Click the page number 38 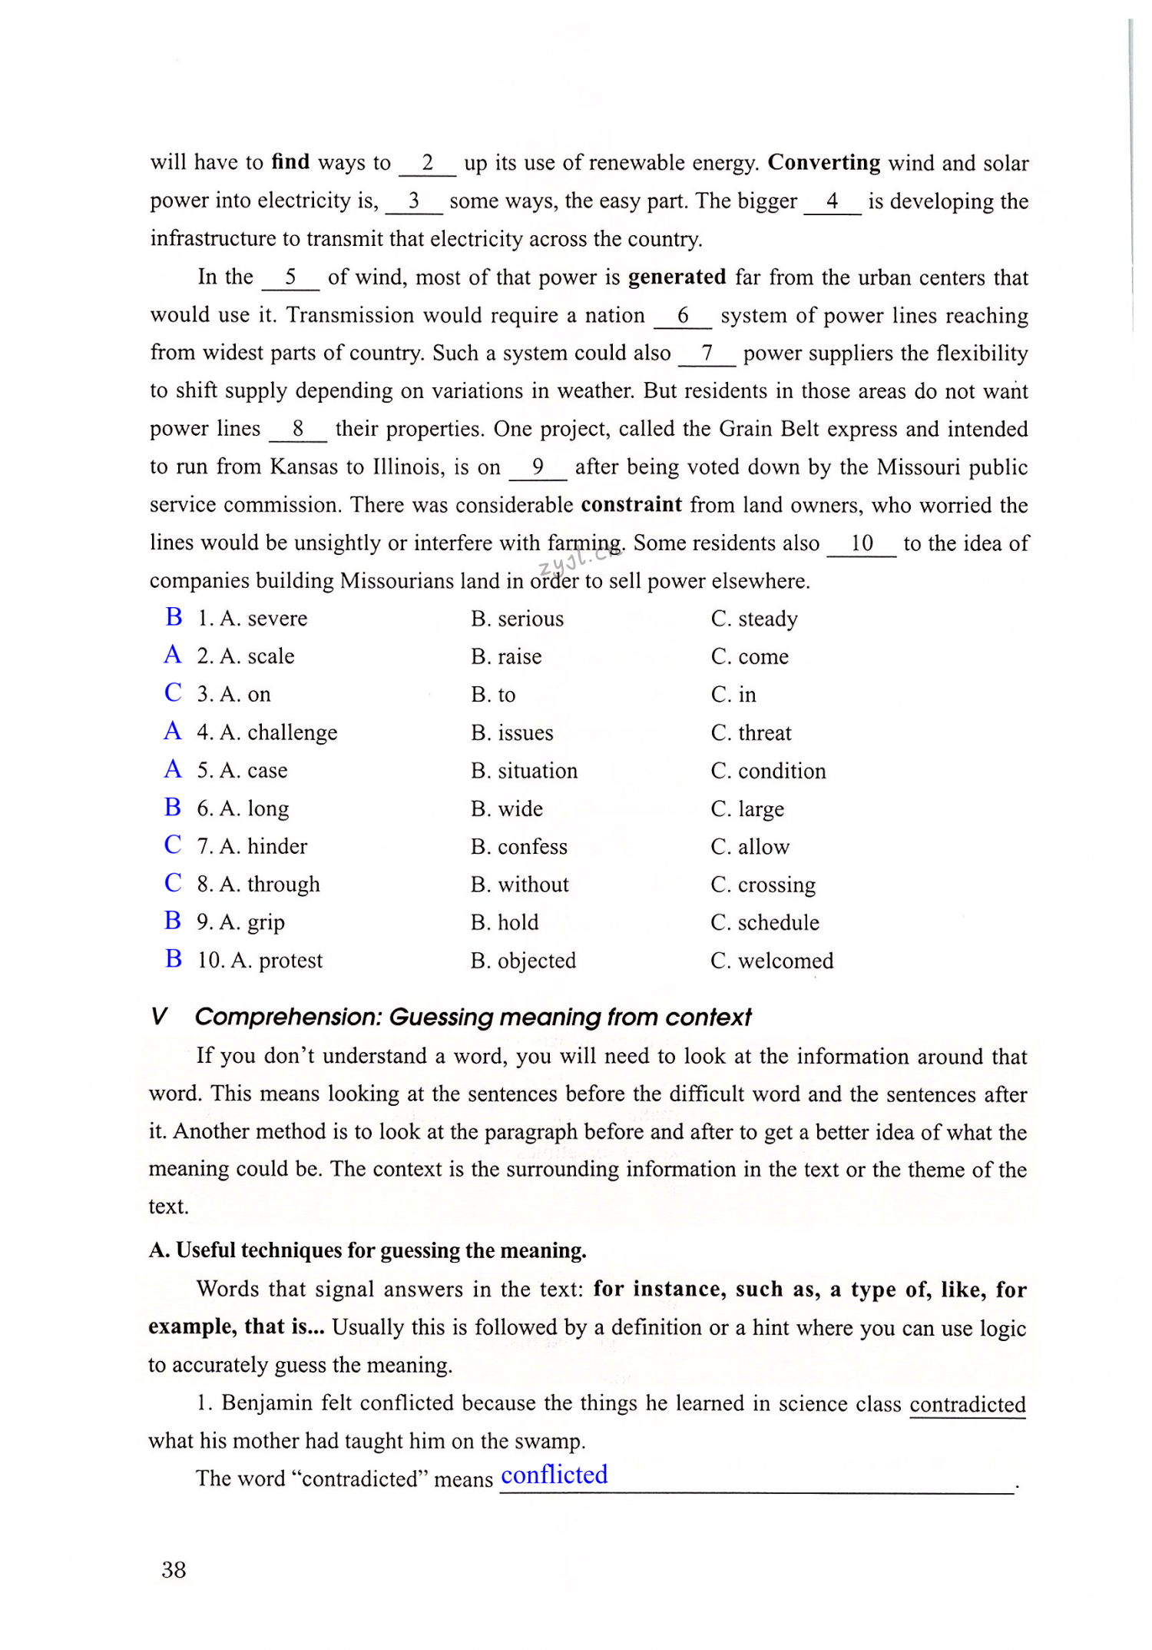(x=174, y=1570)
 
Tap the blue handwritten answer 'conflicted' (x=554, y=1475)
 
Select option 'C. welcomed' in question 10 (x=772, y=961)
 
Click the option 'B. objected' (x=523, y=961)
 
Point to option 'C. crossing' (x=763, y=885)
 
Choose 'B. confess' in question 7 (x=519, y=847)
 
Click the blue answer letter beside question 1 (x=174, y=617)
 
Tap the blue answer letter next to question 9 (x=173, y=921)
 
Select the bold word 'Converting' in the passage (x=824, y=163)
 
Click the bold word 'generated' (x=677, y=277)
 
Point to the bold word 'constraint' (x=631, y=504)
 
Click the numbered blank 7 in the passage (x=707, y=354)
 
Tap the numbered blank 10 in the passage (x=862, y=543)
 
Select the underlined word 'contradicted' (x=967, y=1404)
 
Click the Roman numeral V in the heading (x=159, y=1017)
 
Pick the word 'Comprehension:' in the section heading (x=288, y=1017)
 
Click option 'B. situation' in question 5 (x=524, y=771)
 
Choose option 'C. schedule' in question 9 (x=765, y=922)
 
